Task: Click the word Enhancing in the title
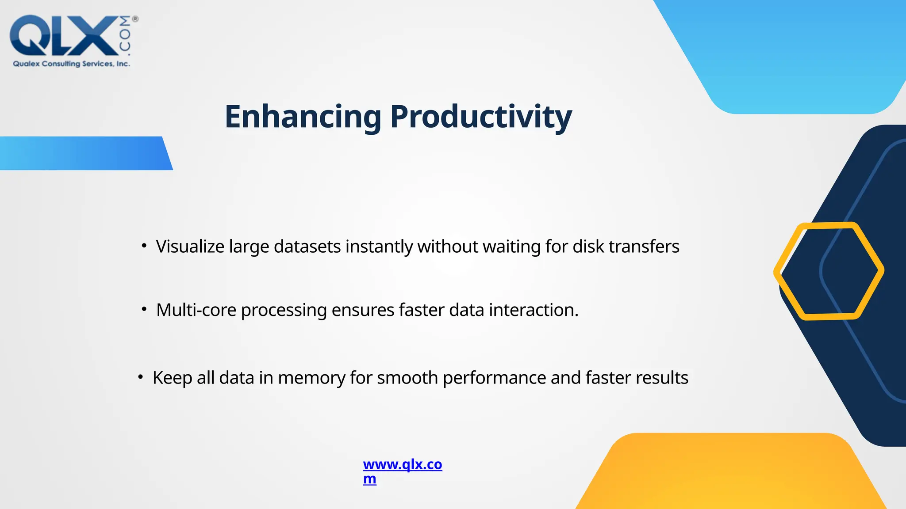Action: pos(303,117)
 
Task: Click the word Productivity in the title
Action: pos(481,117)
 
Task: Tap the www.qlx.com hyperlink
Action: pos(402,465)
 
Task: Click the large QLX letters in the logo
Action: pos(62,36)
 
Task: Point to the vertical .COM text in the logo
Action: pos(125,36)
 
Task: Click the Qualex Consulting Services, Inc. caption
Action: pos(71,64)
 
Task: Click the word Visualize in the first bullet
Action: pos(190,247)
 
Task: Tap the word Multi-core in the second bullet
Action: pos(196,310)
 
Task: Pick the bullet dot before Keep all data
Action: pos(140,377)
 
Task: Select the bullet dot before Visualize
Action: pos(144,246)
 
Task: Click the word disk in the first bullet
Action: pos(588,247)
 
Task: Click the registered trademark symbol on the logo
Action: pos(135,19)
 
